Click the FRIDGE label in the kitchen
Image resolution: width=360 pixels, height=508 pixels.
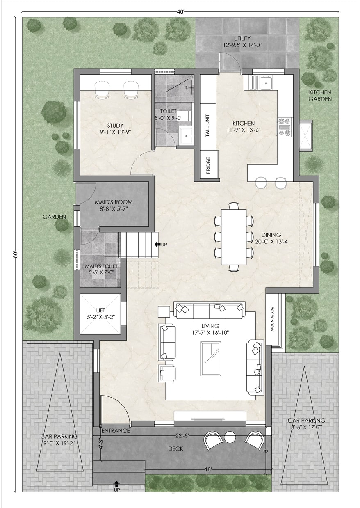[x=208, y=165]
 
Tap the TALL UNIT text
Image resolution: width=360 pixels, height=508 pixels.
[x=207, y=126]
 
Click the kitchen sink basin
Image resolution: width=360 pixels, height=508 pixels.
[x=266, y=83]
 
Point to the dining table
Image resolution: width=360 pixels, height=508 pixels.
[x=234, y=237]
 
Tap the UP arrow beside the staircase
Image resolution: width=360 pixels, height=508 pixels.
[x=157, y=245]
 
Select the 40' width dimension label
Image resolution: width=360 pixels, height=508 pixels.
[x=180, y=12]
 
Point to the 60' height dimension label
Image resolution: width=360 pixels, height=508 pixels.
[x=15, y=255]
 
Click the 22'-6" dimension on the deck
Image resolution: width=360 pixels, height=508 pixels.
[x=182, y=435]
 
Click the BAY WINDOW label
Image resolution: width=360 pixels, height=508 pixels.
[x=272, y=319]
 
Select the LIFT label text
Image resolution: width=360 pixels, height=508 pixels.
[x=100, y=310]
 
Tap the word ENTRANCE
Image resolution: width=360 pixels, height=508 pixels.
[x=116, y=431]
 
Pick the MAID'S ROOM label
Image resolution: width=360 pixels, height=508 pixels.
[x=114, y=202]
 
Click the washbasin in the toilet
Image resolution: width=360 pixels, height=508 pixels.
[x=186, y=136]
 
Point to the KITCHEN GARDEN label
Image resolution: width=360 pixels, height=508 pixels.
[x=320, y=96]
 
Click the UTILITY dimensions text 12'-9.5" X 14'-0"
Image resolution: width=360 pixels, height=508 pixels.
[x=242, y=45]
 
